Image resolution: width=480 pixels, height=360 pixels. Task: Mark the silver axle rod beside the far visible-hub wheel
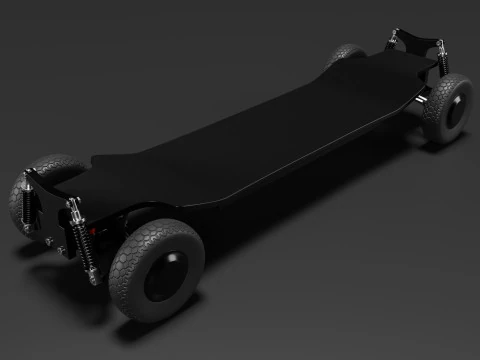click(427, 100)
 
